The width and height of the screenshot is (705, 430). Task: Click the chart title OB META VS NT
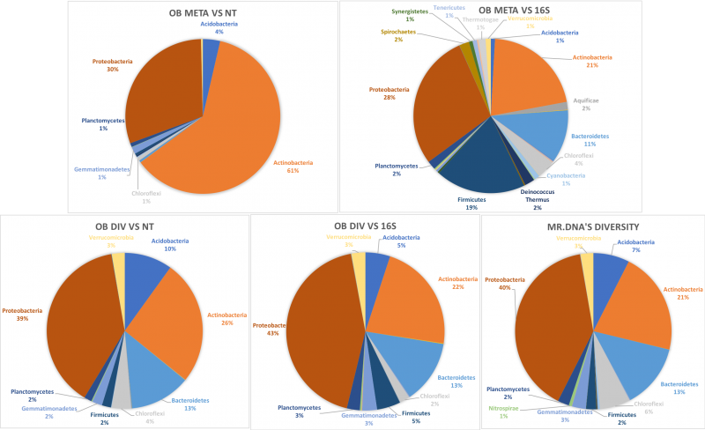tap(203, 14)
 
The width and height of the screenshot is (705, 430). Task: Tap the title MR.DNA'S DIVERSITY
tap(592, 229)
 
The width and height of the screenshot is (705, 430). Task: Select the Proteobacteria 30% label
tap(112, 66)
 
